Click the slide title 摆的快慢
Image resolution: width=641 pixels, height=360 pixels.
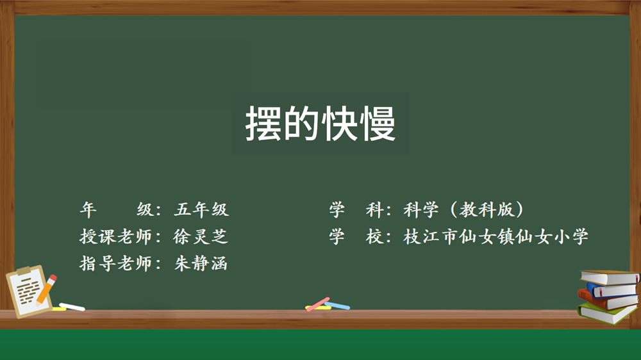tap(320, 124)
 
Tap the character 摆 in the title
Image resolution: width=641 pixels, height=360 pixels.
tap(263, 124)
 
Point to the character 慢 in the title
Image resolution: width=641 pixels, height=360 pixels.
tap(378, 124)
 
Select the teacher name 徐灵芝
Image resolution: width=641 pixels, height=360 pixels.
tap(200, 236)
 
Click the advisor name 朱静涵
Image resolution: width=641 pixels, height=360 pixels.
tap(200, 263)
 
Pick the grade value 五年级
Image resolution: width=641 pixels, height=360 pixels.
tap(201, 209)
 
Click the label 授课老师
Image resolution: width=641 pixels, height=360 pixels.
tap(115, 236)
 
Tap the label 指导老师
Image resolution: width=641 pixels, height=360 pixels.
tap(115, 263)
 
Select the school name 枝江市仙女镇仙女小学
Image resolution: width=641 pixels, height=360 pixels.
tap(495, 236)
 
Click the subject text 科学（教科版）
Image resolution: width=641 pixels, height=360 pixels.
tap(463, 209)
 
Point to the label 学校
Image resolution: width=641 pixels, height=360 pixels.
tap(356, 236)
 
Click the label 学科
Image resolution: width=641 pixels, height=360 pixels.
tap(356, 209)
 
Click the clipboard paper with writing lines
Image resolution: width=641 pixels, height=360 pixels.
tap(27, 291)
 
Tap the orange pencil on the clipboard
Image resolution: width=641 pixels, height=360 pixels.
tap(46, 290)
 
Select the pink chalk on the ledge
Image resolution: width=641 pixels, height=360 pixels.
tap(318, 304)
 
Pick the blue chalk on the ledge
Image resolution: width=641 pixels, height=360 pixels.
tap(337, 306)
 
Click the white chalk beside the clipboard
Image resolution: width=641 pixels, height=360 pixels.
tap(72, 306)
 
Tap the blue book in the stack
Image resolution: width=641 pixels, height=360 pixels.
tap(611, 290)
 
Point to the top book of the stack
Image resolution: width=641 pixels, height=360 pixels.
tap(609, 277)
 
